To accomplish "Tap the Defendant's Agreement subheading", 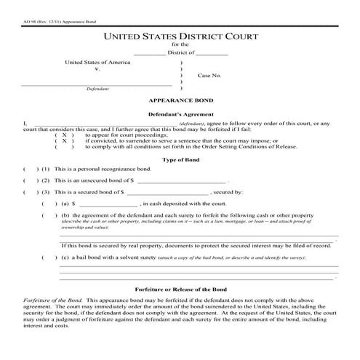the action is pos(180,115).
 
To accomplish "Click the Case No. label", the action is pos(209,76).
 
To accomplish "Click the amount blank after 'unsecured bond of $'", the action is pos(181,180).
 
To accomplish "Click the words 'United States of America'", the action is pos(97,63).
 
